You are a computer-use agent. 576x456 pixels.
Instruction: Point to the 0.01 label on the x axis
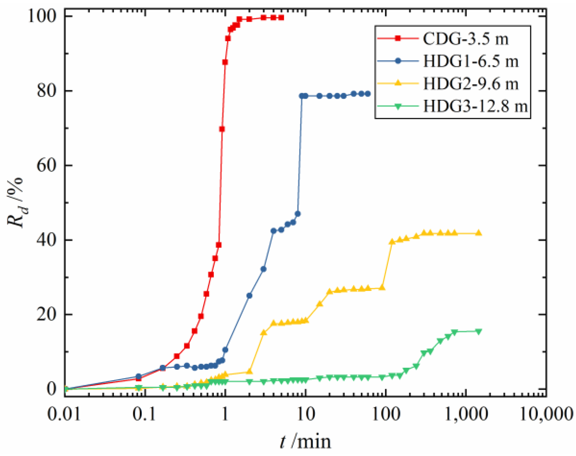[64, 414]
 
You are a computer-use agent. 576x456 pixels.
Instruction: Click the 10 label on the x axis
[306, 414]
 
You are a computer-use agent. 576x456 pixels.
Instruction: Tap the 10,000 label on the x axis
[546, 414]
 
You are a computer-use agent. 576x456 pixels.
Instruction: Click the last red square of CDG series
[281, 18]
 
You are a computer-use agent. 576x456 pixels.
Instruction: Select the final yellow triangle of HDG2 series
[479, 233]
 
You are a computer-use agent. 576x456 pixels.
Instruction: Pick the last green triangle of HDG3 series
[479, 332]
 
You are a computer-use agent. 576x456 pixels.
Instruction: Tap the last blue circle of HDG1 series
[368, 94]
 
